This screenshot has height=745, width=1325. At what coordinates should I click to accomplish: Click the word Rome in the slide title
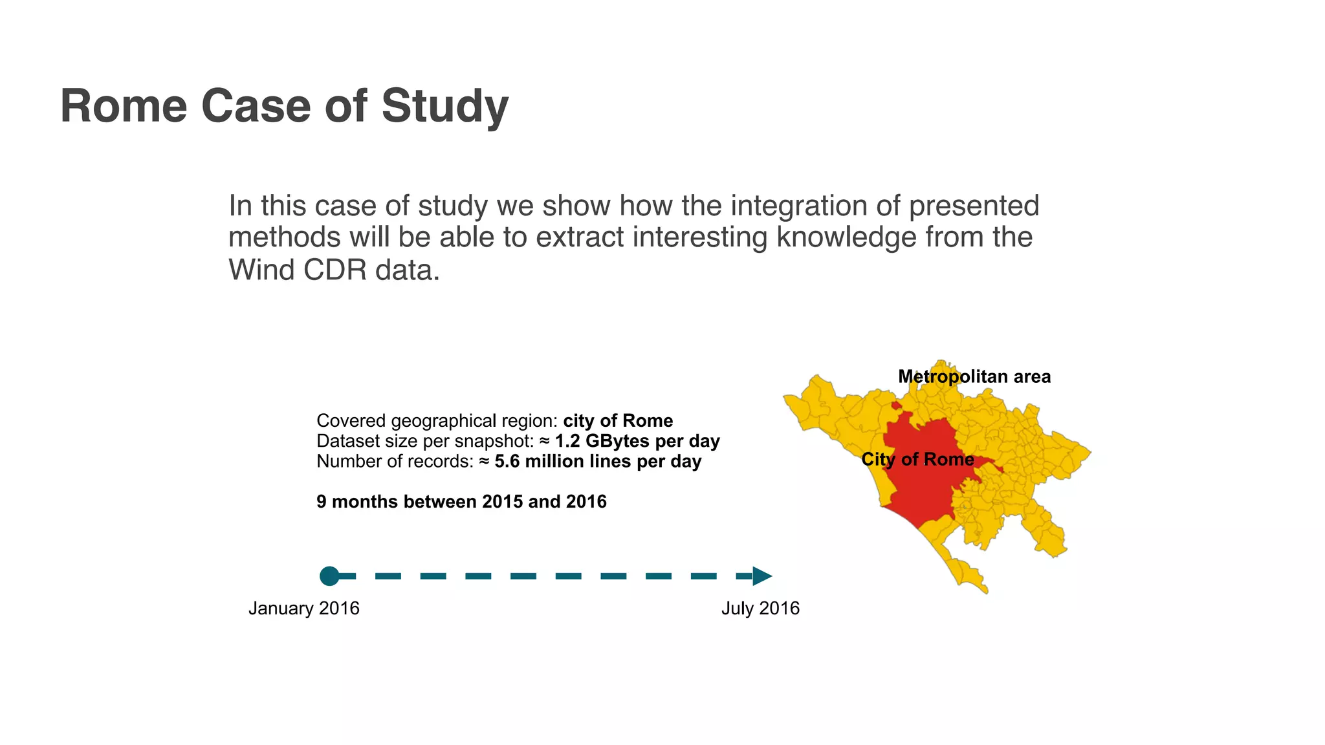pyautogui.click(x=124, y=105)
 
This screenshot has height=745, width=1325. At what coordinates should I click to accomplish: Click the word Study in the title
pyautogui.click(x=444, y=105)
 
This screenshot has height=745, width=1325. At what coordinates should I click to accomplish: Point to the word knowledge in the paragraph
pyautogui.click(x=846, y=237)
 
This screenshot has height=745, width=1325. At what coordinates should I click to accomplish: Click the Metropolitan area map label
pyautogui.click(x=974, y=376)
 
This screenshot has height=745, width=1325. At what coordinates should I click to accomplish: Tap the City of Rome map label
pyautogui.click(x=917, y=459)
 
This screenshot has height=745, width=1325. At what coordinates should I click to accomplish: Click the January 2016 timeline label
pyautogui.click(x=303, y=608)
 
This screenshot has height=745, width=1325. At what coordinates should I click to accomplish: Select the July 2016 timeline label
pyautogui.click(x=760, y=608)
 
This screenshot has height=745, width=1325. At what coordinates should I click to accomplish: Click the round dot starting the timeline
pyautogui.click(x=329, y=576)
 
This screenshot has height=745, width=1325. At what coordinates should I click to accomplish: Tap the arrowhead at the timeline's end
pyautogui.click(x=761, y=576)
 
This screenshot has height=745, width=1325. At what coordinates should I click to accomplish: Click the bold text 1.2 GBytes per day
pyautogui.click(x=637, y=441)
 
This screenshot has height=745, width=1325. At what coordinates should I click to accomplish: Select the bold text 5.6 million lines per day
pyautogui.click(x=598, y=461)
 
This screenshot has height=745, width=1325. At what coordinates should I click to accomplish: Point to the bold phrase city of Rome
pyautogui.click(x=618, y=421)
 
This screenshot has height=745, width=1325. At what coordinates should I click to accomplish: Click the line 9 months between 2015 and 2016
pyautogui.click(x=461, y=501)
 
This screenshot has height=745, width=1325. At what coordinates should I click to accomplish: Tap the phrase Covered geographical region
pyautogui.click(x=436, y=421)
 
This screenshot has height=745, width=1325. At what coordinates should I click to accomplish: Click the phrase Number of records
pyautogui.click(x=395, y=461)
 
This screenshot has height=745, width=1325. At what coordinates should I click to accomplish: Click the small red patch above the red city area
pyautogui.click(x=896, y=405)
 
